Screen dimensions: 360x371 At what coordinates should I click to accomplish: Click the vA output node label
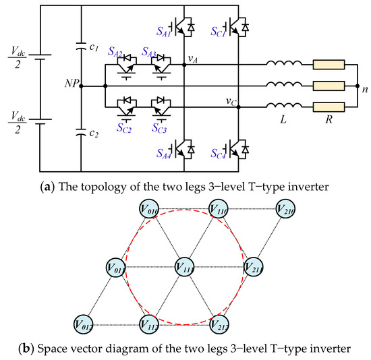click(x=192, y=59)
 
